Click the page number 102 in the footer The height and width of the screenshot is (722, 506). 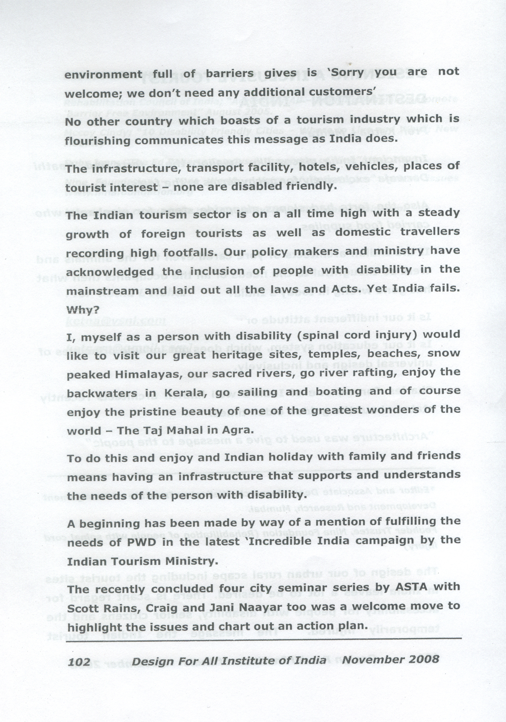click(x=79, y=661)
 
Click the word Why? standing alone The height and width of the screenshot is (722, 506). click(x=83, y=310)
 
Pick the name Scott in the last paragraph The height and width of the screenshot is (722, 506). click(x=85, y=608)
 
